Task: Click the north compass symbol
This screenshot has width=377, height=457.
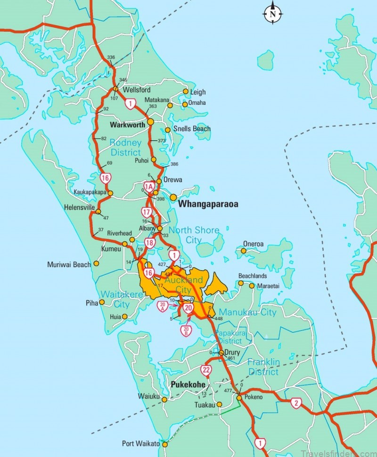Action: point(272,14)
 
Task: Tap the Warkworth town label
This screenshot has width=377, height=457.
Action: point(127,126)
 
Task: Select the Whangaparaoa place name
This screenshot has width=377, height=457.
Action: point(208,204)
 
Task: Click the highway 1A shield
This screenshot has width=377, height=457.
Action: point(149,187)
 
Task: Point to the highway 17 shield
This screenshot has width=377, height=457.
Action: point(147,212)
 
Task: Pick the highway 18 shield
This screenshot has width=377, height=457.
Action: point(150,243)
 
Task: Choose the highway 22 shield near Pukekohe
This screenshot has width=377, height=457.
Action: point(206,370)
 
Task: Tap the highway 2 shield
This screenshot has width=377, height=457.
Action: point(296,403)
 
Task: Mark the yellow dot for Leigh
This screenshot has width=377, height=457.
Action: point(186,92)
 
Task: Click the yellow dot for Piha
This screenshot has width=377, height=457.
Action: point(102,302)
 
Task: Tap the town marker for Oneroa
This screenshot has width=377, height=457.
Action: point(244,251)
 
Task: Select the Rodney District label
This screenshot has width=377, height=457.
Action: point(125,147)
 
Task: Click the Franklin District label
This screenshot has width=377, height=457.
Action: point(264,367)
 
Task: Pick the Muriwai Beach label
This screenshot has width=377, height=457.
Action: point(69,265)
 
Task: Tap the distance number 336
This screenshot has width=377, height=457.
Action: point(111,58)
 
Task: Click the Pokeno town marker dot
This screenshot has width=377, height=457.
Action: point(239,398)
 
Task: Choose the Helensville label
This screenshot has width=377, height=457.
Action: point(79,207)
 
